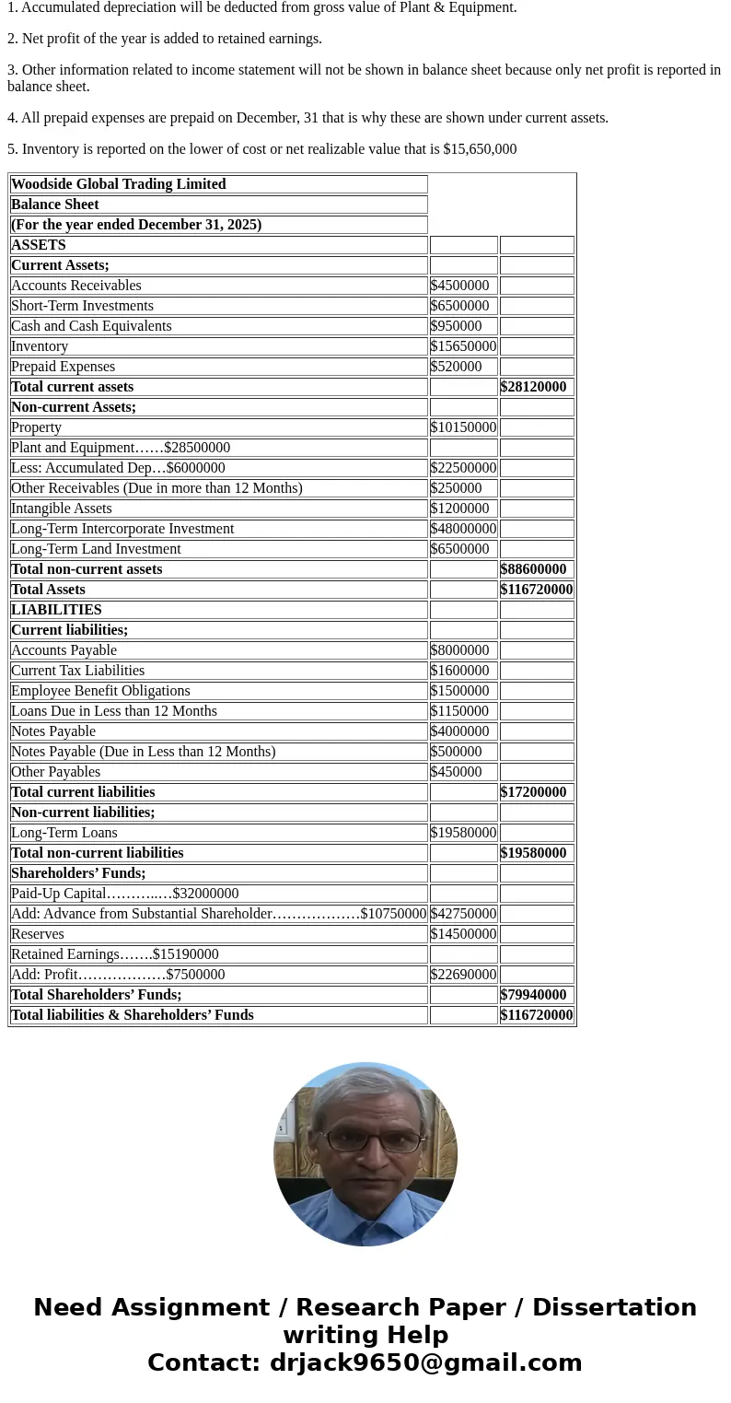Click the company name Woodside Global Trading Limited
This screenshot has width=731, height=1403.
pos(118,184)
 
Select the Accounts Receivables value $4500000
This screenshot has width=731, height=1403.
pos(459,286)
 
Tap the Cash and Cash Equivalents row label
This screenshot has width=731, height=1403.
pos(91,326)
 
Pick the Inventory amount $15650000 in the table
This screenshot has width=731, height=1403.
pos(463,346)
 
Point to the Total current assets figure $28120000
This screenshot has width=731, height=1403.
pos(533,387)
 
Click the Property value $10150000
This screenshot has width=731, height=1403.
pos(463,427)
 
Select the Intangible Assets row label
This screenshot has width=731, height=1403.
pos(61,509)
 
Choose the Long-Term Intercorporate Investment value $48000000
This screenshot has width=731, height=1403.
pos(463,529)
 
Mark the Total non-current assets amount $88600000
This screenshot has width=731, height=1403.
pos(533,569)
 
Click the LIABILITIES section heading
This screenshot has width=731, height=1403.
pos(56,610)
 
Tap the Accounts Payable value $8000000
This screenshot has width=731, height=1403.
pos(459,650)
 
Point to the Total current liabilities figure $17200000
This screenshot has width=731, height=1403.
pos(533,792)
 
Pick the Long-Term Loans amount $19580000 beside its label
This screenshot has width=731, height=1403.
pos(463,833)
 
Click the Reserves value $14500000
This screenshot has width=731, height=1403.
pos(463,934)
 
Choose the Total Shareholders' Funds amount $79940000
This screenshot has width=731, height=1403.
pos(533,995)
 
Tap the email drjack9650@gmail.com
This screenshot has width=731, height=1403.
pos(425,1363)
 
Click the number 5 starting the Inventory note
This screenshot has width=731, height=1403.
pos(11,149)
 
